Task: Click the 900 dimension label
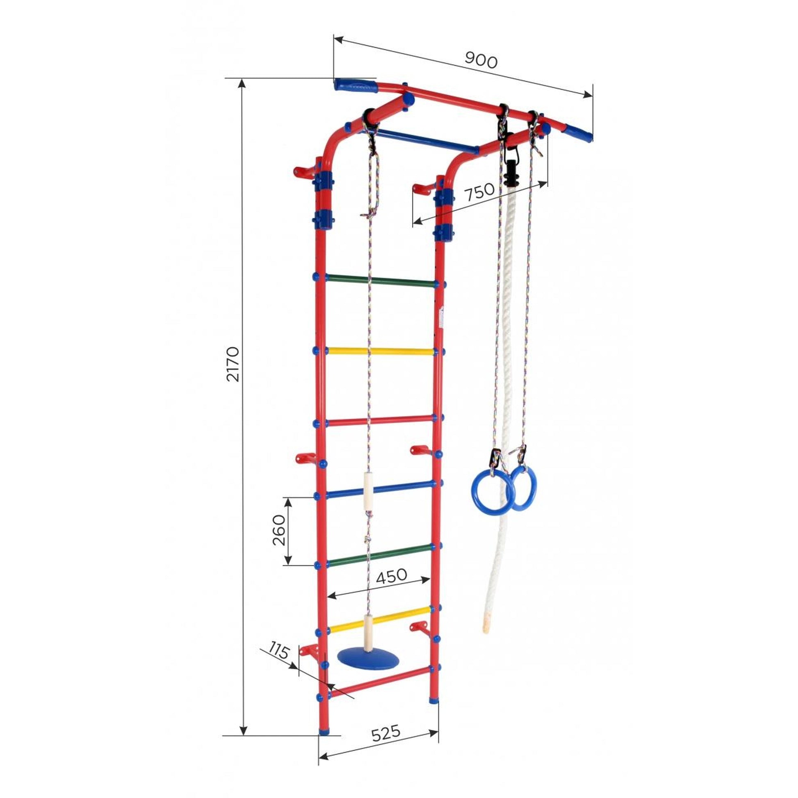[481, 60]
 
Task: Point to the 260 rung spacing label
[279, 530]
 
